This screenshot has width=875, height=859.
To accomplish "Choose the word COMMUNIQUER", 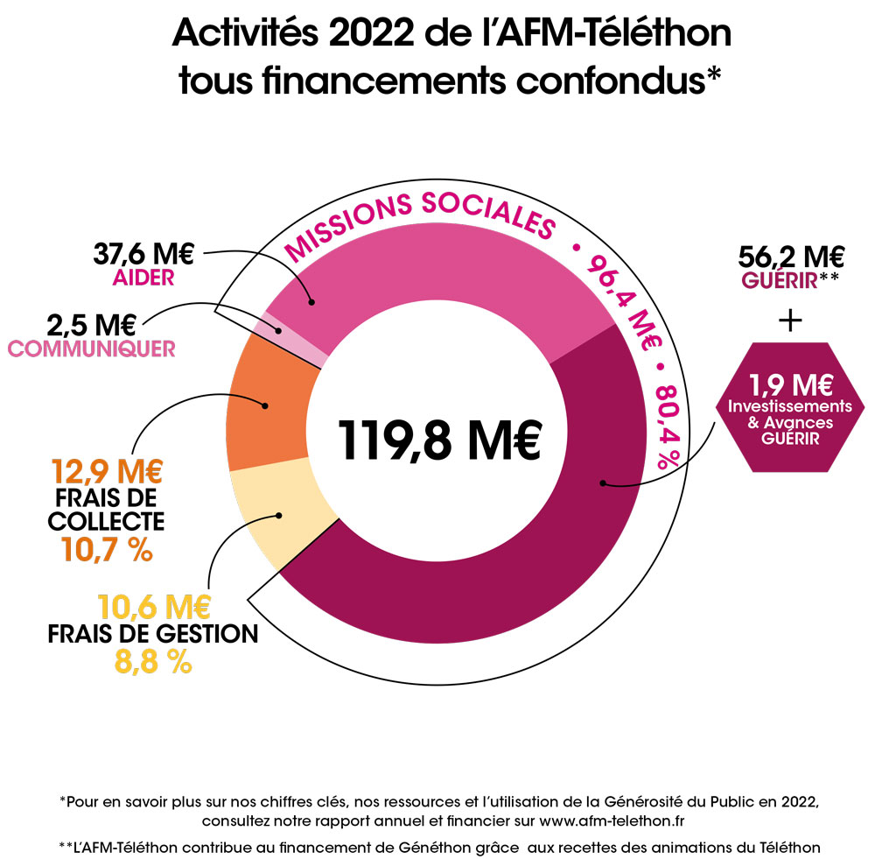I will tap(92, 349).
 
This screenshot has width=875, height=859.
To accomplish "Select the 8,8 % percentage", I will tap(154, 661).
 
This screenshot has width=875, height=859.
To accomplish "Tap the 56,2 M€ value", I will tap(791, 257).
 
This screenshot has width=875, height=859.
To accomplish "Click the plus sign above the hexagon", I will tap(790, 320).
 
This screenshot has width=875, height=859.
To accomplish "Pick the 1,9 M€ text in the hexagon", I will tap(789, 384).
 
